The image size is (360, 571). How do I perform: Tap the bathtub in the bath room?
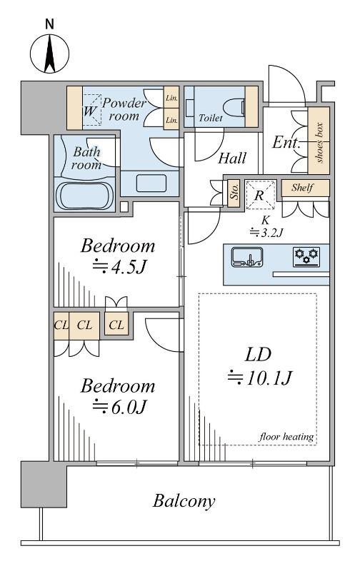click(84, 195)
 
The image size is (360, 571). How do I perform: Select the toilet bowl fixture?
click(235, 106)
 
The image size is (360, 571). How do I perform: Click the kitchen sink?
click(247, 257)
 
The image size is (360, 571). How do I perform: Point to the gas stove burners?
click(306, 256)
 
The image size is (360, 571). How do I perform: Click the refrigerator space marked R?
click(259, 195)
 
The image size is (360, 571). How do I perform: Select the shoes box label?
click(320, 142)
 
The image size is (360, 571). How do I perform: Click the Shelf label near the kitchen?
click(302, 188)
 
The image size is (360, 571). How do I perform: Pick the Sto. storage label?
click(234, 192)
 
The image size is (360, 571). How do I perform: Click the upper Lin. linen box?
click(171, 98)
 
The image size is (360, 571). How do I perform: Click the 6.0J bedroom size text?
click(119, 406)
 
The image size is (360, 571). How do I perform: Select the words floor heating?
click(286, 436)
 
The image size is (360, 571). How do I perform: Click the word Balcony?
click(184, 501)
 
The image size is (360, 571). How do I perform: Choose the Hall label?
click(232, 158)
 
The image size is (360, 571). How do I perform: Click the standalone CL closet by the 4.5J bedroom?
click(116, 324)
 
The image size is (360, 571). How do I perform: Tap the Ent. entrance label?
click(286, 142)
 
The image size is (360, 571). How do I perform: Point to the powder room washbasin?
click(151, 183)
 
